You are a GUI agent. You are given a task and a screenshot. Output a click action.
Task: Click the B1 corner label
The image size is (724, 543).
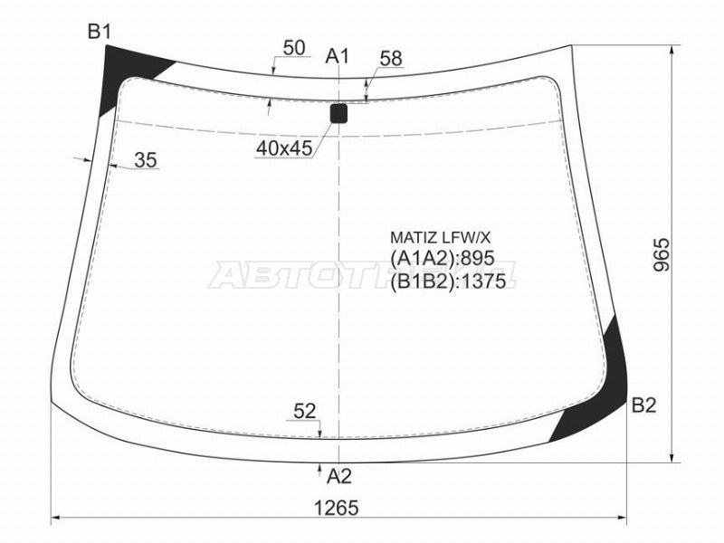pos(100,33)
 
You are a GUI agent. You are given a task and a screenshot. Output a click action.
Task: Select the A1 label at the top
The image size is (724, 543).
pos(338,56)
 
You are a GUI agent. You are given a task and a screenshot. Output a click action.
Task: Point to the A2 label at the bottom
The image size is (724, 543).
pos(339,476)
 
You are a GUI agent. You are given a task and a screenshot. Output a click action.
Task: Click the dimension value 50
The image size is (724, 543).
pos(294,48)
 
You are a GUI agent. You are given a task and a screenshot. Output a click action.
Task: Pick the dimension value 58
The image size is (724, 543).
pos(391,59)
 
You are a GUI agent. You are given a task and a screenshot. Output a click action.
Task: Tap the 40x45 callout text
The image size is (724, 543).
pos(284,148)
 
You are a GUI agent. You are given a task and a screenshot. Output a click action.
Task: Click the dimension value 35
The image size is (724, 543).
pos(146,160)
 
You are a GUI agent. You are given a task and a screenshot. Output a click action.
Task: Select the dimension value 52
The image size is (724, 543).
pos(304,412)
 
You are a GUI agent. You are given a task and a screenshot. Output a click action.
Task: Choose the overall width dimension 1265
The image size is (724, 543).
pos(336,509)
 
